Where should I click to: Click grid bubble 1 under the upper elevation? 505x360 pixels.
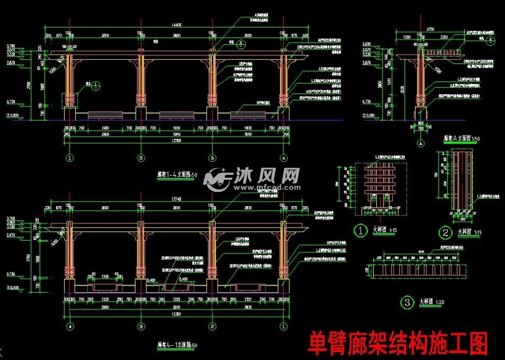click(69, 158)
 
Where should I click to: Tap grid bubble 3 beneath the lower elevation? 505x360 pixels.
click(141, 326)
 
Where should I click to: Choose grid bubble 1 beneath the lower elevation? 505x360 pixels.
click(284, 326)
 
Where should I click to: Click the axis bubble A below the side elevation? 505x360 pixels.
click(421, 143)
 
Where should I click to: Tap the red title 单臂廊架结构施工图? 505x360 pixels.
click(398, 342)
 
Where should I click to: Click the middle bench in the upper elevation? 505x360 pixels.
click(176, 114)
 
